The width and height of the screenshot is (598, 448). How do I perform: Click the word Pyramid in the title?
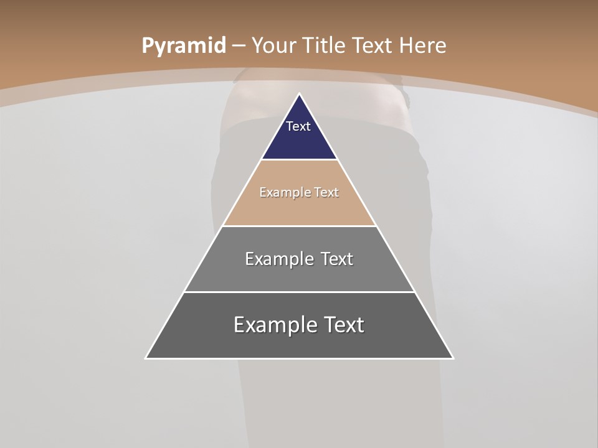click(x=183, y=46)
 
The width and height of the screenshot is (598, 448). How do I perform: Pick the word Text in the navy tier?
click(x=298, y=126)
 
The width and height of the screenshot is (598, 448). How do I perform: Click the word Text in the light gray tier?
click(x=338, y=259)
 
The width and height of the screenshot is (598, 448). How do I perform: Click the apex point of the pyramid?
click(x=300, y=94)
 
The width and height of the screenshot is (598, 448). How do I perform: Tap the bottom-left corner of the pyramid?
click(x=146, y=358)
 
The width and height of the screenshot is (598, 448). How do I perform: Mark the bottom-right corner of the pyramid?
click(x=453, y=358)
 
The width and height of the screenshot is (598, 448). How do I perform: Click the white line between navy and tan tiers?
click(x=299, y=160)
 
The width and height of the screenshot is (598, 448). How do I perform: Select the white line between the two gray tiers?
click(x=299, y=292)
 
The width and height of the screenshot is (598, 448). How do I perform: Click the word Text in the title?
click(x=373, y=45)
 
